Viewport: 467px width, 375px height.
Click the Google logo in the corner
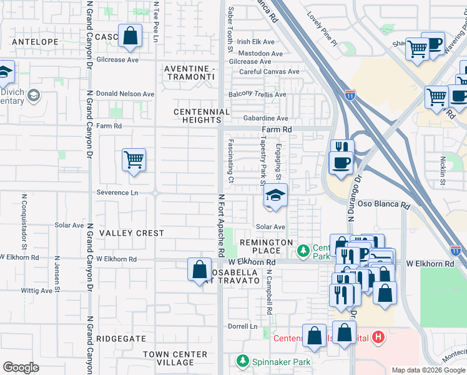coord(21,367)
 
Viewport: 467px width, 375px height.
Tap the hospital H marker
coord(377,338)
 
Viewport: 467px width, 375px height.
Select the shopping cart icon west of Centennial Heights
coord(134,161)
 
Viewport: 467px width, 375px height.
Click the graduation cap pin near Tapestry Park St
coord(275,195)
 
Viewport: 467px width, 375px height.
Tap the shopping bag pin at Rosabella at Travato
coord(199,269)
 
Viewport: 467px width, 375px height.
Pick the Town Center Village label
coord(175,358)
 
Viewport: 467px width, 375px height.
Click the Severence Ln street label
coord(117,192)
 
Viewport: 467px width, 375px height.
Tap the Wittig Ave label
coord(36,291)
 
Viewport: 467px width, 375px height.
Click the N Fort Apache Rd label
coord(221,225)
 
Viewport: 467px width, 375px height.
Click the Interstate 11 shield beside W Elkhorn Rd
coord(456,251)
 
